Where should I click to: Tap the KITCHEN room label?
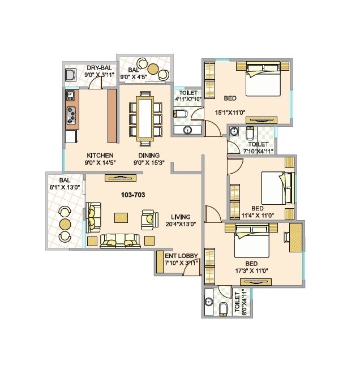point(100,156)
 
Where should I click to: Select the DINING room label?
point(147,156)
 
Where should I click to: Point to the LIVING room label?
point(181,217)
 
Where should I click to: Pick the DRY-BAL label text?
point(98,68)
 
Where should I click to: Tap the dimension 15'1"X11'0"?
point(229,113)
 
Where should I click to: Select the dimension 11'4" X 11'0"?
point(258,215)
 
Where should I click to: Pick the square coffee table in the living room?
point(121,217)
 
